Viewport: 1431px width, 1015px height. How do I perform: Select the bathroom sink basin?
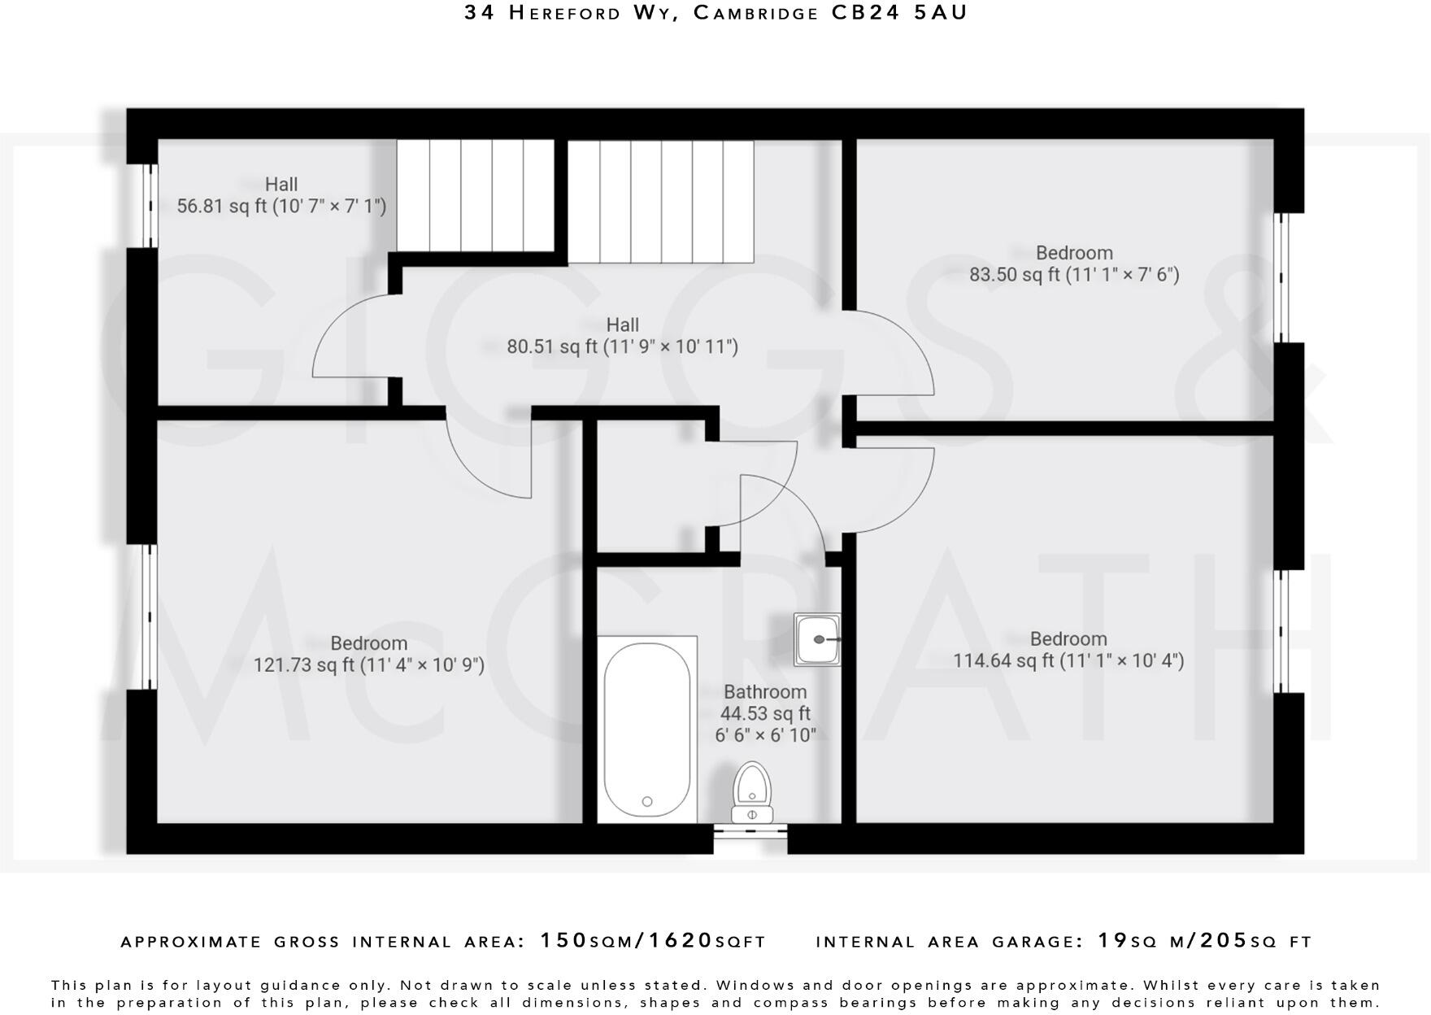817,640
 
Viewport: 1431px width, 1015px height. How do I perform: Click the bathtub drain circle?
647,801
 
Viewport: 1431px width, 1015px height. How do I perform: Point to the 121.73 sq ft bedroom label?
368,655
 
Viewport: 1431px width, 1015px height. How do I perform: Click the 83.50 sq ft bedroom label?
1073,264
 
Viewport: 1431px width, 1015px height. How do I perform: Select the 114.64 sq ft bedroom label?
1068,650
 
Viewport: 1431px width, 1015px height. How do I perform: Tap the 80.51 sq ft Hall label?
622,336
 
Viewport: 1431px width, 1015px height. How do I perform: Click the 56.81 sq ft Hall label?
281,195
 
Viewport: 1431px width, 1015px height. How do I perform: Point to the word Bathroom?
765,692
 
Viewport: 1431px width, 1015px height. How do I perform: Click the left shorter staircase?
476,195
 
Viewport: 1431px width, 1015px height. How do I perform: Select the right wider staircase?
660,201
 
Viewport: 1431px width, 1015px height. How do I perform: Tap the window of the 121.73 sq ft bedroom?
149,616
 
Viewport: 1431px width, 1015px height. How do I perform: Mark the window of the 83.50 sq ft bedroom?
1281,277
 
